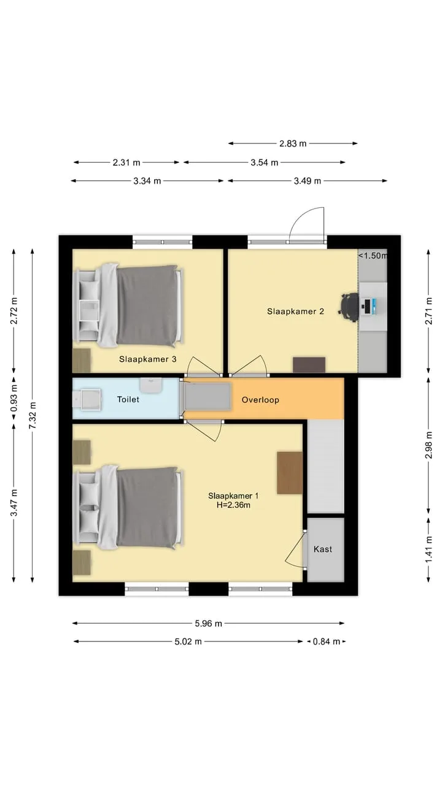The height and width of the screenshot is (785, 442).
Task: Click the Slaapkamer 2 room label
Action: click(x=295, y=311)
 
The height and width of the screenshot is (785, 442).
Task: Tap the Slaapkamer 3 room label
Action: click(x=148, y=359)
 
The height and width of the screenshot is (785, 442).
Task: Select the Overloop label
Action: click(x=260, y=400)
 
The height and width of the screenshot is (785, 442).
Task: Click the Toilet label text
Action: click(x=128, y=399)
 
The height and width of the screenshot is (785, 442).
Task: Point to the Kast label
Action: click(x=323, y=549)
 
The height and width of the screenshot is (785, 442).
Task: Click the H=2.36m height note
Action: click(x=233, y=505)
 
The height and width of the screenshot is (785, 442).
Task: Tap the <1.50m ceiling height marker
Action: click(x=373, y=256)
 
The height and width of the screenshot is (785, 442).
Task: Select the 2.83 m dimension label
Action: click(x=293, y=144)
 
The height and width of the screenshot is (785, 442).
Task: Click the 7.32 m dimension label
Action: click(x=33, y=415)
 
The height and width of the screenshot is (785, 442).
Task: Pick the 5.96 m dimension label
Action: click(x=208, y=624)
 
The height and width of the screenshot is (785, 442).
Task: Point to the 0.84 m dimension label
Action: click(x=326, y=641)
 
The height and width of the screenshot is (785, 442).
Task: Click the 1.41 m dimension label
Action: click(x=428, y=550)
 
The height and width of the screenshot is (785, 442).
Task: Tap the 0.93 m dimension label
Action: click(x=14, y=398)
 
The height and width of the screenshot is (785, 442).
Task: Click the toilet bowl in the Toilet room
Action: click(x=87, y=399)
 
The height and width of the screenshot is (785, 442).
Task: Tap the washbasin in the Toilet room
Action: click(x=151, y=385)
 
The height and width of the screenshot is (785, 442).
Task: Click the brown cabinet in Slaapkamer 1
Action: click(x=290, y=473)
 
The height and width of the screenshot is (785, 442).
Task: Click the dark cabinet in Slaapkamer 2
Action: click(x=309, y=365)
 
